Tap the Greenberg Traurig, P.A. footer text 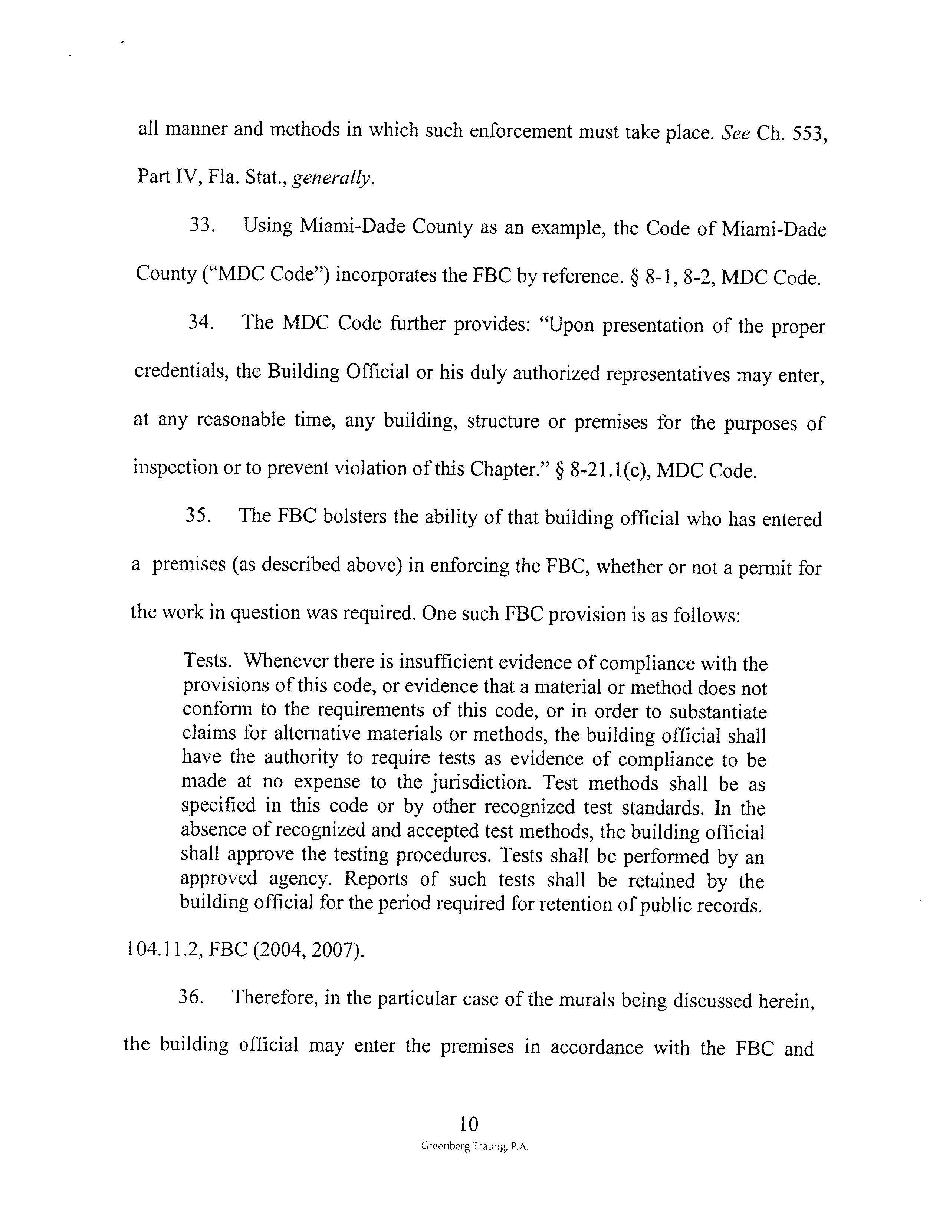point(474,1146)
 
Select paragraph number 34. point(201,323)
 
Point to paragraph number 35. point(198,516)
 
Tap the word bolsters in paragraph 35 point(355,516)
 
